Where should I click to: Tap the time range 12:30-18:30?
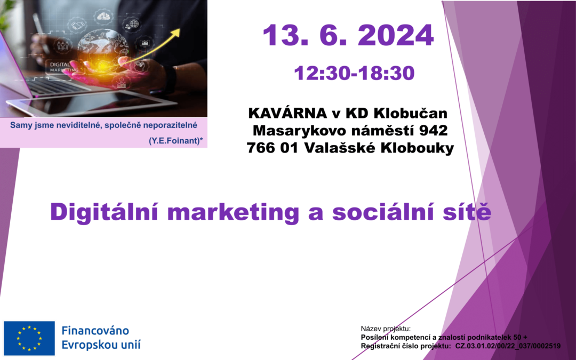(x=354, y=73)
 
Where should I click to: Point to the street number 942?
(x=432, y=131)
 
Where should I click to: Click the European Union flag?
(x=29, y=338)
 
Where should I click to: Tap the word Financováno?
(x=95, y=331)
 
